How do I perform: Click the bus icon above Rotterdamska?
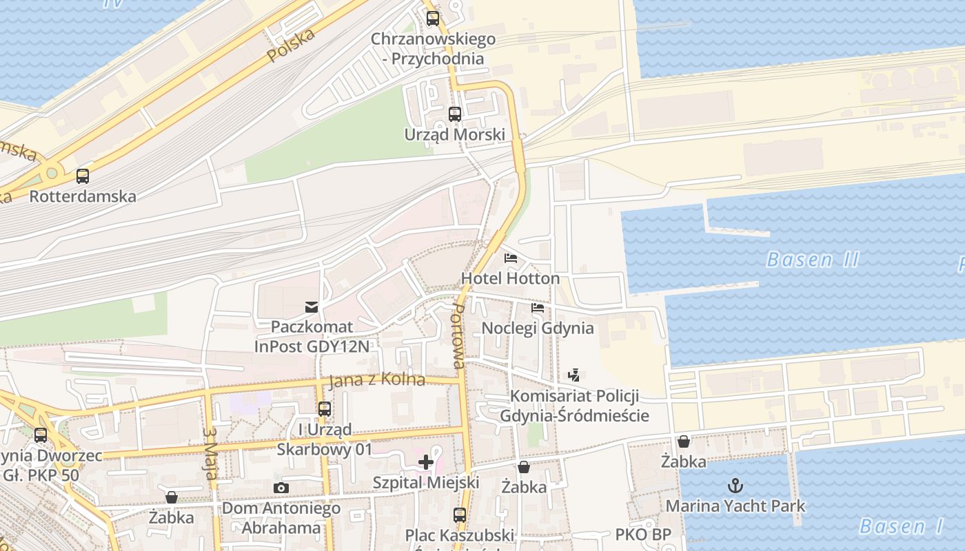(83, 176)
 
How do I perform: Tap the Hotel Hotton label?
(510, 278)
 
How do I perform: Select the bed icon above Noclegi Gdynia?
(538, 307)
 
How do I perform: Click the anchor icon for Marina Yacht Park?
(735, 486)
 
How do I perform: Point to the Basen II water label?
(813, 260)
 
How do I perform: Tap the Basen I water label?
(901, 527)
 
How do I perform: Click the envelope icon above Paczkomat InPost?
(312, 306)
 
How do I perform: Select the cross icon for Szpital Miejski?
(426, 461)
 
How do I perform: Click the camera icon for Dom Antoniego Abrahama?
(281, 488)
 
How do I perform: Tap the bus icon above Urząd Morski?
(455, 114)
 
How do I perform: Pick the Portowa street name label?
(458, 335)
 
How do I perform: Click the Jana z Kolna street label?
(376, 380)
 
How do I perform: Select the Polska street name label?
(291, 45)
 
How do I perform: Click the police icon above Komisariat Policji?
(573, 375)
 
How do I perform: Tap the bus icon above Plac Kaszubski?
(460, 514)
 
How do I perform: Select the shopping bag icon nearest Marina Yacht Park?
(684, 441)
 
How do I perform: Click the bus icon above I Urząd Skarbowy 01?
(324, 409)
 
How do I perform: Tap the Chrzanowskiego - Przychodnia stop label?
(433, 48)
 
